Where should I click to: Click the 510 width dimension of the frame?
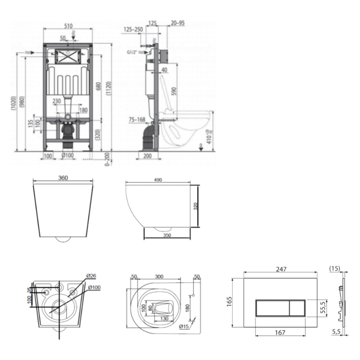click(x=68, y=26)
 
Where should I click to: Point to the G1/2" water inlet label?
click(x=132, y=52)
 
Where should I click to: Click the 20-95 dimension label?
click(x=178, y=23)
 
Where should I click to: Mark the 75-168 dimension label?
click(x=137, y=120)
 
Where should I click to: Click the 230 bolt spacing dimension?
click(x=57, y=101)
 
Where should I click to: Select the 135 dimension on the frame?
click(x=31, y=123)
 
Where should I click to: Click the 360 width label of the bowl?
click(x=63, y=178)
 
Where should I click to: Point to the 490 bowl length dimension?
click(x=158, y=180)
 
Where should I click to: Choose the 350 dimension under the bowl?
click(x=167, y=235)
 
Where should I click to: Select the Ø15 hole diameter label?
click(x=184, y=326)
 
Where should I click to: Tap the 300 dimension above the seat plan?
click(x=159, y=276)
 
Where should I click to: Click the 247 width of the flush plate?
click(x=281, y=269)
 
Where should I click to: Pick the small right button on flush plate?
click(x=297, y=308)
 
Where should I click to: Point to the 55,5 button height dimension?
click(x=323, y=308)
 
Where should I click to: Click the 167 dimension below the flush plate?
click(x=280, y=333)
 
